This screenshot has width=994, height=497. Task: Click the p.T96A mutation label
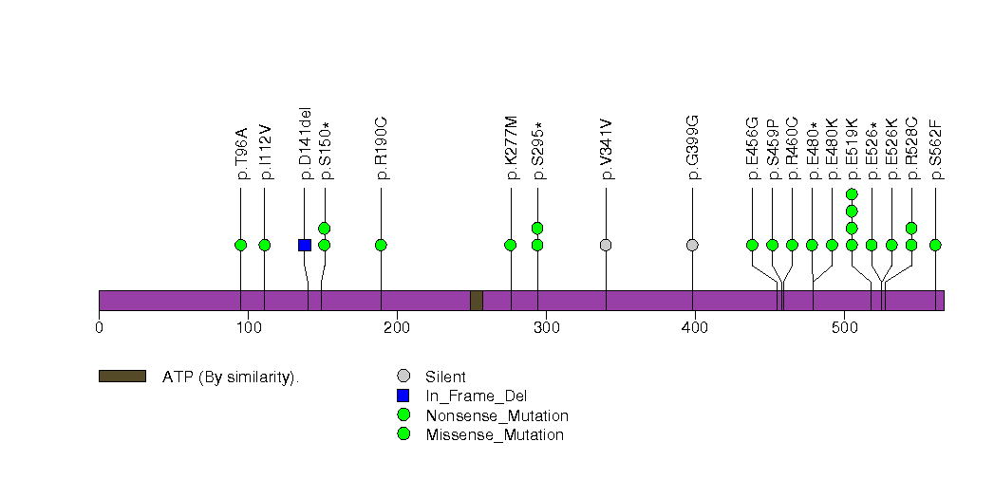tap(241, 154)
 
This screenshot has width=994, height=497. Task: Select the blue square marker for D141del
tap(305, 245)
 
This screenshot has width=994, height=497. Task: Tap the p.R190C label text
tap(382, 148)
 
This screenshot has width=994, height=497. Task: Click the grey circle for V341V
tap(606, 245)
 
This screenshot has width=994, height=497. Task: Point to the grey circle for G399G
tap(692, 245)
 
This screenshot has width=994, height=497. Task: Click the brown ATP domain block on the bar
tap(477, 301)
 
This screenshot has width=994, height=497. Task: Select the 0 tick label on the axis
tap(99, 328)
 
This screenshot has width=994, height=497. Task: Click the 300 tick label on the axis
tap(547, 328)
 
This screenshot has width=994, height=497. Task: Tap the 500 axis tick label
tap(844, 328)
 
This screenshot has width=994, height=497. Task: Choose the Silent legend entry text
tap(445, 377)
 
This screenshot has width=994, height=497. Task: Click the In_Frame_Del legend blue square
tap(403, 396)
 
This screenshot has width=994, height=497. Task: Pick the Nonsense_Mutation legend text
tap(497, 416)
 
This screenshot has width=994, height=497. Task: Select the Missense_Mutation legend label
tap(495, 435)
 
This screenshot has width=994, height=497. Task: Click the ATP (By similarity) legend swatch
tap(122, 377)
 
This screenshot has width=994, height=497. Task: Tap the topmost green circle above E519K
tap(852, 193)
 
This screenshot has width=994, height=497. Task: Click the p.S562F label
tap(936, 150)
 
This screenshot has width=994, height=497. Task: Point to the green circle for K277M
tap(511, 245)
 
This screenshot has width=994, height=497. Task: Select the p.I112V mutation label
tap(266, 152)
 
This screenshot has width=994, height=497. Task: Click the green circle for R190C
tap(381, 245)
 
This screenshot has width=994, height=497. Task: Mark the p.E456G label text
tap(753, 148)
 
